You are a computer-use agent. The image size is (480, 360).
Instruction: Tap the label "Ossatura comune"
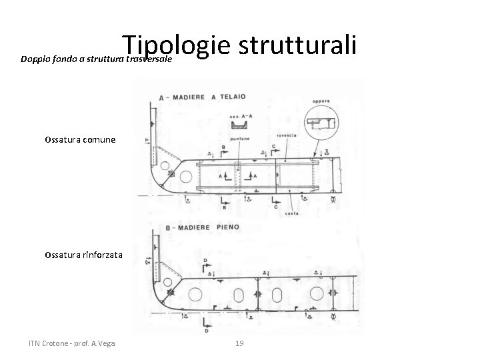pos(81,140)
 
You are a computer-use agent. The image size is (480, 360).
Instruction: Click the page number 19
pos(240,343)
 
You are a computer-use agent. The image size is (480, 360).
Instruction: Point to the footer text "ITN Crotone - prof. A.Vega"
pos(72,343)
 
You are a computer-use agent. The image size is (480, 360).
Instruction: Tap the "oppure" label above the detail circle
pos(321,102)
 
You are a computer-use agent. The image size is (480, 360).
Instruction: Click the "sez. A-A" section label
pos(237,115)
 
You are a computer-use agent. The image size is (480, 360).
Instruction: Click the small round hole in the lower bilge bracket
pos(171,292)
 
